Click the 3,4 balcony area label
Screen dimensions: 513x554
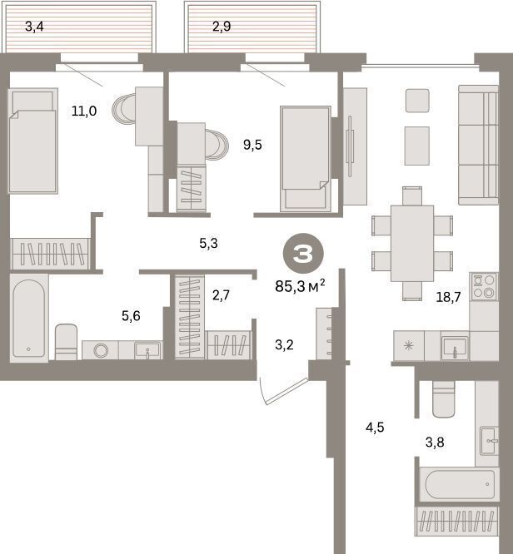coord(34,27)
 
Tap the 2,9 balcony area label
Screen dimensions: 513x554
coord(222,27)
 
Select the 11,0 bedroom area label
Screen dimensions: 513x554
coord(84,111)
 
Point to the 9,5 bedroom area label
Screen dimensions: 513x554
coord(252,145)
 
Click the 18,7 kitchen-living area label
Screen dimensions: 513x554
coord(448,297)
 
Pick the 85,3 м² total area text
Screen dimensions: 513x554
coord(300,285)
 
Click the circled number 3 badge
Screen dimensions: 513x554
coord(303,254)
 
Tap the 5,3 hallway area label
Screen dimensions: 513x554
coord(208,243)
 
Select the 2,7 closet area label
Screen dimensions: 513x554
coord(222,294)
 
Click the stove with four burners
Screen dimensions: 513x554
coord(484,286)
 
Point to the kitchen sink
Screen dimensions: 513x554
coord(455,348)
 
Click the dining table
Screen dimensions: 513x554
coord(412,244)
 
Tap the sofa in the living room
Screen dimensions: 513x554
coord(478,145)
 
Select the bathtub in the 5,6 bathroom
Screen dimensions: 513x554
coord(29,318)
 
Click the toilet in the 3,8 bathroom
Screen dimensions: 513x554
coord(444,399)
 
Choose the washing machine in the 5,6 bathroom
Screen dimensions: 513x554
coord(101,350)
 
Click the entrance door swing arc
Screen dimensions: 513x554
coord(262,392)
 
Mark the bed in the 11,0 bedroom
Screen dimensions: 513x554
coord(33,141)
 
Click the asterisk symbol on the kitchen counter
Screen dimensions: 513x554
coord(409,345)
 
